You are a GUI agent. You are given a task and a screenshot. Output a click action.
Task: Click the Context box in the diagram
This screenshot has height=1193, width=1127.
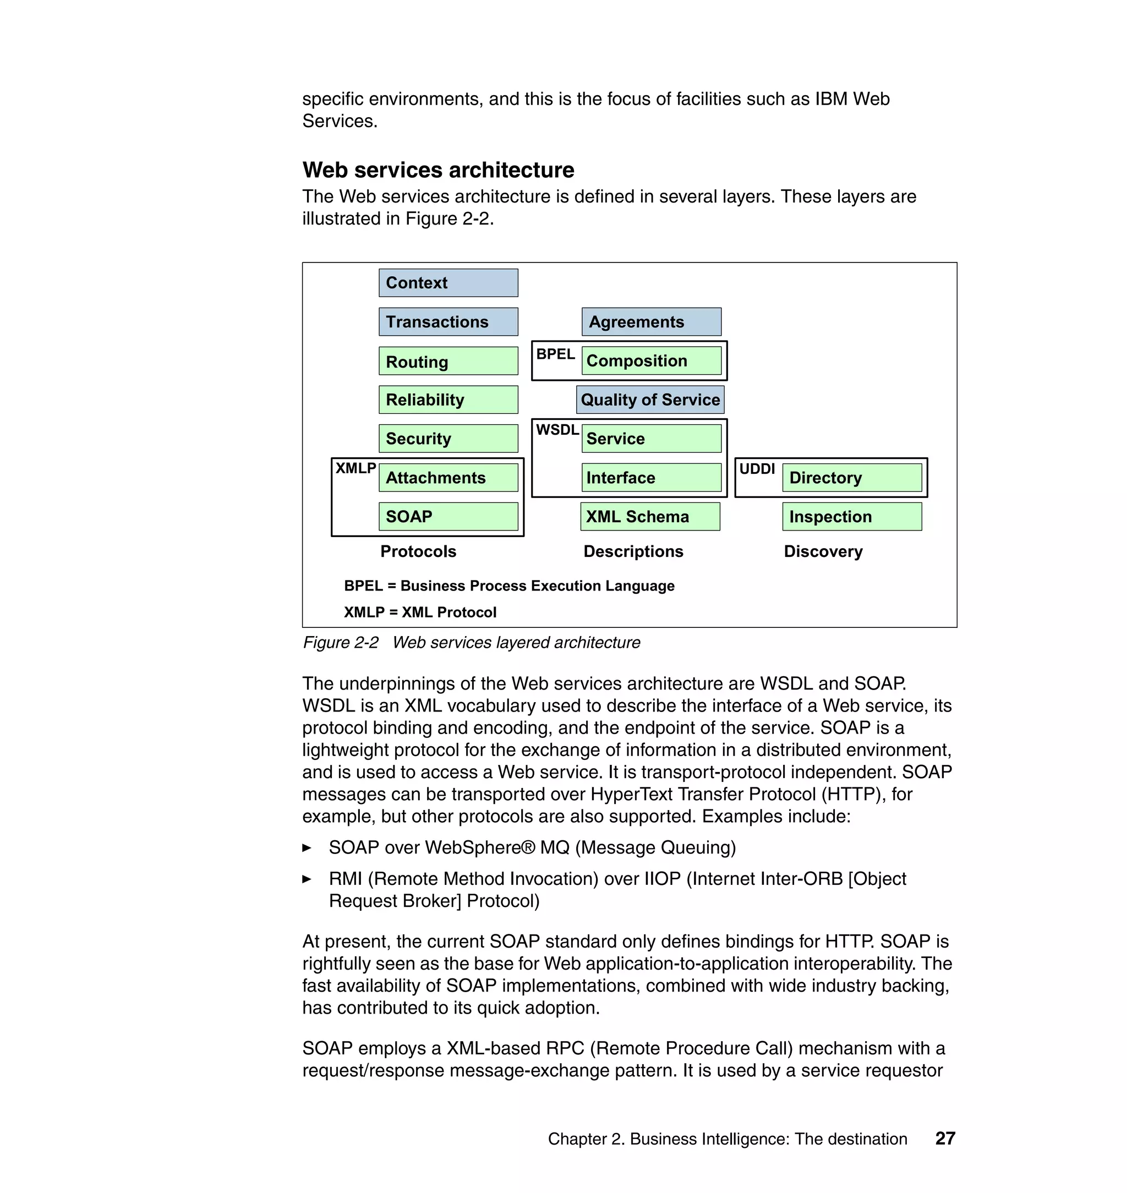point(448,282)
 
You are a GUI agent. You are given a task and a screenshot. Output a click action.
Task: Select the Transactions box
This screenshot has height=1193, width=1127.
point(448,321)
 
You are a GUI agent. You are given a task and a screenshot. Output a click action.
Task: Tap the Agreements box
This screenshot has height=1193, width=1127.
point(651,321)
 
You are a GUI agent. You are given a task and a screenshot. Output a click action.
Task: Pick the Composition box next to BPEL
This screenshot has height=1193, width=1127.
point(651,360)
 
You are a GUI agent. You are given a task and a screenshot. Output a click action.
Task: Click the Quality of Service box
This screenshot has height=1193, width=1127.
point(650,400)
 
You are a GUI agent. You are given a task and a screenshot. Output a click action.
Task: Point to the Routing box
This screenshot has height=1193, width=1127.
point(448,361)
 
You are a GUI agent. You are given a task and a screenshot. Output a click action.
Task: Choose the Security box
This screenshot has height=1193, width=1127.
point(448,439)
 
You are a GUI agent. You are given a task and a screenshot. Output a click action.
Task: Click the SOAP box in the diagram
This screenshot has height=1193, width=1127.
point(448,516)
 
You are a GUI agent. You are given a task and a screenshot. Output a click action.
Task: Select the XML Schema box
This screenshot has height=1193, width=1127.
point(650,516)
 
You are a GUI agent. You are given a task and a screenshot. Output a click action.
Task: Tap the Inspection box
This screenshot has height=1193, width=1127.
point(852,516)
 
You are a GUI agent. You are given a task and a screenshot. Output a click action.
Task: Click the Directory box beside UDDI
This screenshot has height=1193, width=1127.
point(852,478)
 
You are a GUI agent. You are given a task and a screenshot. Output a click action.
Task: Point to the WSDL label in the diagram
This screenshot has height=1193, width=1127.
point(557,430)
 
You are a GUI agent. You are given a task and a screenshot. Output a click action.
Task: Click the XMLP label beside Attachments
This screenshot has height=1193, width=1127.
point(355,468)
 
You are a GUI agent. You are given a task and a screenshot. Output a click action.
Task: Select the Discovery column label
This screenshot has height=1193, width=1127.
point(823,551)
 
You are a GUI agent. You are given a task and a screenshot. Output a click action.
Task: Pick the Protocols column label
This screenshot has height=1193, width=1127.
point(418,551)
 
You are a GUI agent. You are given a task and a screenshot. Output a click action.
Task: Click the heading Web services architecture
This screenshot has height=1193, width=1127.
point(438,170)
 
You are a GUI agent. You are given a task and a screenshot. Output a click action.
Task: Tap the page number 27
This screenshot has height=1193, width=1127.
point(945,1139)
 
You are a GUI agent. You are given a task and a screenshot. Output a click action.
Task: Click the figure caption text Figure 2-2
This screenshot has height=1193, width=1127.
point(341,643)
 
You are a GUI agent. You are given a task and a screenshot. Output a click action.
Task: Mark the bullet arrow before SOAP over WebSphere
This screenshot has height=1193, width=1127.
point(307,847)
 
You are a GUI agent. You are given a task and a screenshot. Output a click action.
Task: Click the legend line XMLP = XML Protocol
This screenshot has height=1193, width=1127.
point(420,612)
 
